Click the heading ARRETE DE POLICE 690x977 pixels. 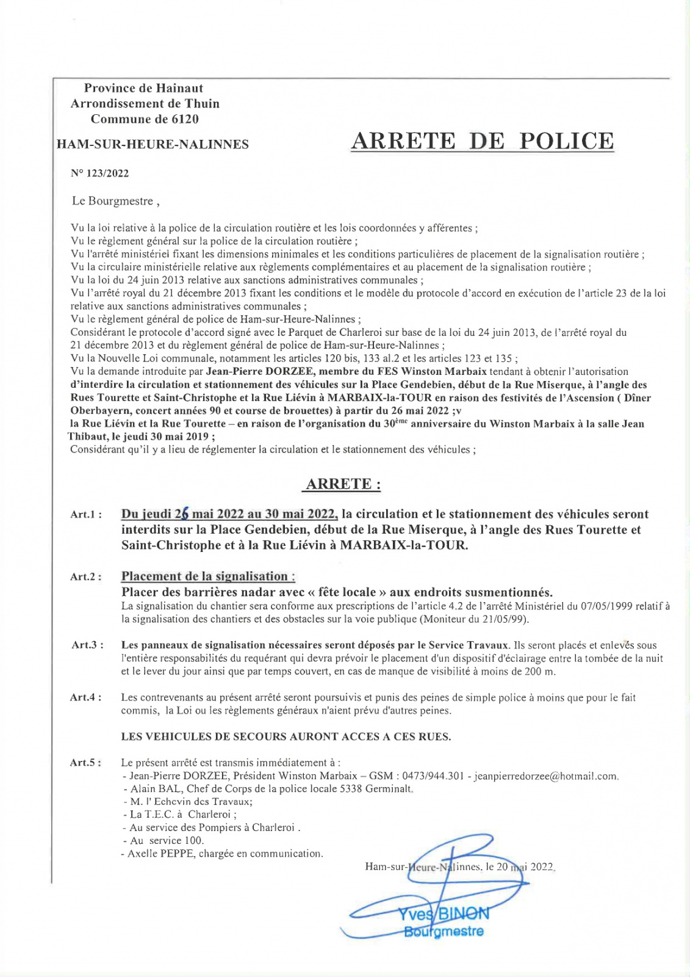(483, 141)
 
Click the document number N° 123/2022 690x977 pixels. (100, 173)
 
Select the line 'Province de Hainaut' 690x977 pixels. (143, 89)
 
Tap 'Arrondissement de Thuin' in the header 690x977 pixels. (145, 104)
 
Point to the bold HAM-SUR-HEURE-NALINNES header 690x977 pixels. (153, 145)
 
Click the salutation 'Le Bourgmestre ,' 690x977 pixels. (116, 201)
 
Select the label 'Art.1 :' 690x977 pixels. (86, 515)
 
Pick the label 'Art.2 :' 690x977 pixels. (86, 577)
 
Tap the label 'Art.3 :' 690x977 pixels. (87, 645)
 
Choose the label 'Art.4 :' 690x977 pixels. (86, 697)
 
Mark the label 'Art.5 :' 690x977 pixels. (86, 763)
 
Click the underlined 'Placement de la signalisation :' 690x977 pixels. (208, 576)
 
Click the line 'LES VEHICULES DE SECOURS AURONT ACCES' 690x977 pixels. (286, 736)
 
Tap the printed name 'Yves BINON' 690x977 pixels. (444, 914)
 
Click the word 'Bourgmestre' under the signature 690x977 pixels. (444, 932)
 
